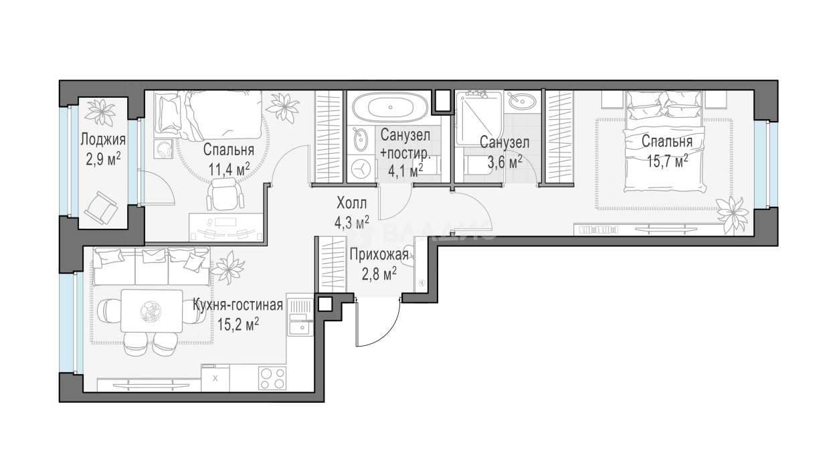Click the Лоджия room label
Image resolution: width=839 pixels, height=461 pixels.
[103, 140]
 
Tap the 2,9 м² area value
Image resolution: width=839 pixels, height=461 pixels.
[103, 159]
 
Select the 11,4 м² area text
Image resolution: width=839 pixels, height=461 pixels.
[229, 170]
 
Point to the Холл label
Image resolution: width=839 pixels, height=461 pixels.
[352, 203]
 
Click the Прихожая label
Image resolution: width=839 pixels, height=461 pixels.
[379, 256]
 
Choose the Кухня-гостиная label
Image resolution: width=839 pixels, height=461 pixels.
[238, 305]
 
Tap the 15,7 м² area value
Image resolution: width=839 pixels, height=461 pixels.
[668, 161]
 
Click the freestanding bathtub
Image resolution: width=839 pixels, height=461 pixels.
[390, 107]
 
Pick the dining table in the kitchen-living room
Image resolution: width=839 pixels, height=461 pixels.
[152, 310]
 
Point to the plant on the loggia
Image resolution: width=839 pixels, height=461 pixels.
[100, 112]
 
